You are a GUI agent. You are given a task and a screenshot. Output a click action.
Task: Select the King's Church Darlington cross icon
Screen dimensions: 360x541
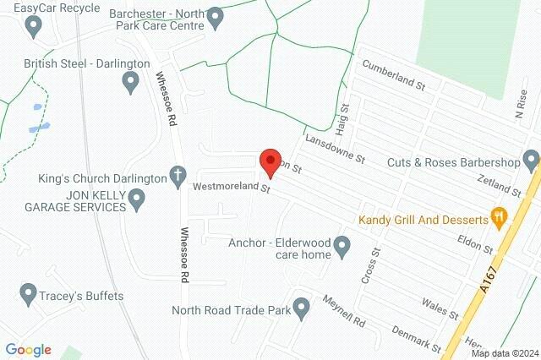[x=178, y=177]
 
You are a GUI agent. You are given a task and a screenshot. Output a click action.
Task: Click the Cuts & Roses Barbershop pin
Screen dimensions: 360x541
[x=530, y=160]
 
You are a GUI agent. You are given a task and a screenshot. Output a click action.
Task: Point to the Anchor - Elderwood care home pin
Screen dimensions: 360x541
[x=342, y=248]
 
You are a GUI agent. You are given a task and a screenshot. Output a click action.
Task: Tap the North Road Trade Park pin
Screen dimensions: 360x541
[x=301, y=308]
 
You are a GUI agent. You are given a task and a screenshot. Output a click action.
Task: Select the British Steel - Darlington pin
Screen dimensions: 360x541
[x=131, y=82]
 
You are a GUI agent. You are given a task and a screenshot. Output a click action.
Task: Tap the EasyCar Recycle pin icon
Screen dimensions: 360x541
[x=34, y=26]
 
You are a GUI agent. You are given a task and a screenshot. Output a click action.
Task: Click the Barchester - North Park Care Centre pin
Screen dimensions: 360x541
[x=216, y=17]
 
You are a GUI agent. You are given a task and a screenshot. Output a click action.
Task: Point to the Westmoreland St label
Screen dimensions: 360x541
[x=231, y=187]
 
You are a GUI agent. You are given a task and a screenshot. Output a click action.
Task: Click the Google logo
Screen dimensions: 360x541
[x=28, y=350]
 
